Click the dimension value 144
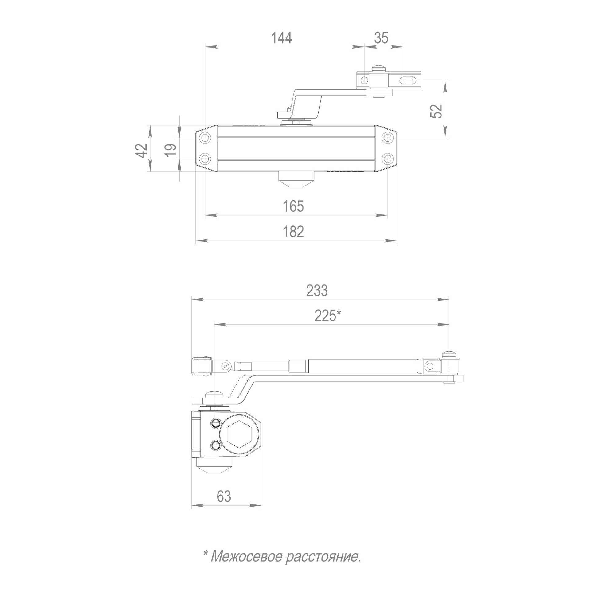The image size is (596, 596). point(281,38)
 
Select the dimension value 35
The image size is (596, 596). point(382,38)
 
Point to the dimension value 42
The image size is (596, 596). point(142,151)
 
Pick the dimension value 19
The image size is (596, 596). point(171,150)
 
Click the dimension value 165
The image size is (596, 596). point(293,206)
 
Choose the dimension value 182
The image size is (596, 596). point(293,231)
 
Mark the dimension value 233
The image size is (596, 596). point(317,291)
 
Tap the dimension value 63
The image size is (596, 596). point(224,496)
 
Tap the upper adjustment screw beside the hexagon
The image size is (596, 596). point(216,423)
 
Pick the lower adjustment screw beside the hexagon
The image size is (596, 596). point(216,445)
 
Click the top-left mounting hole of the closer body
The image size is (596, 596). point(205,138)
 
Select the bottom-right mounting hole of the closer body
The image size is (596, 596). point(388,159)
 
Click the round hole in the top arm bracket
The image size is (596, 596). point(364,80)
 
